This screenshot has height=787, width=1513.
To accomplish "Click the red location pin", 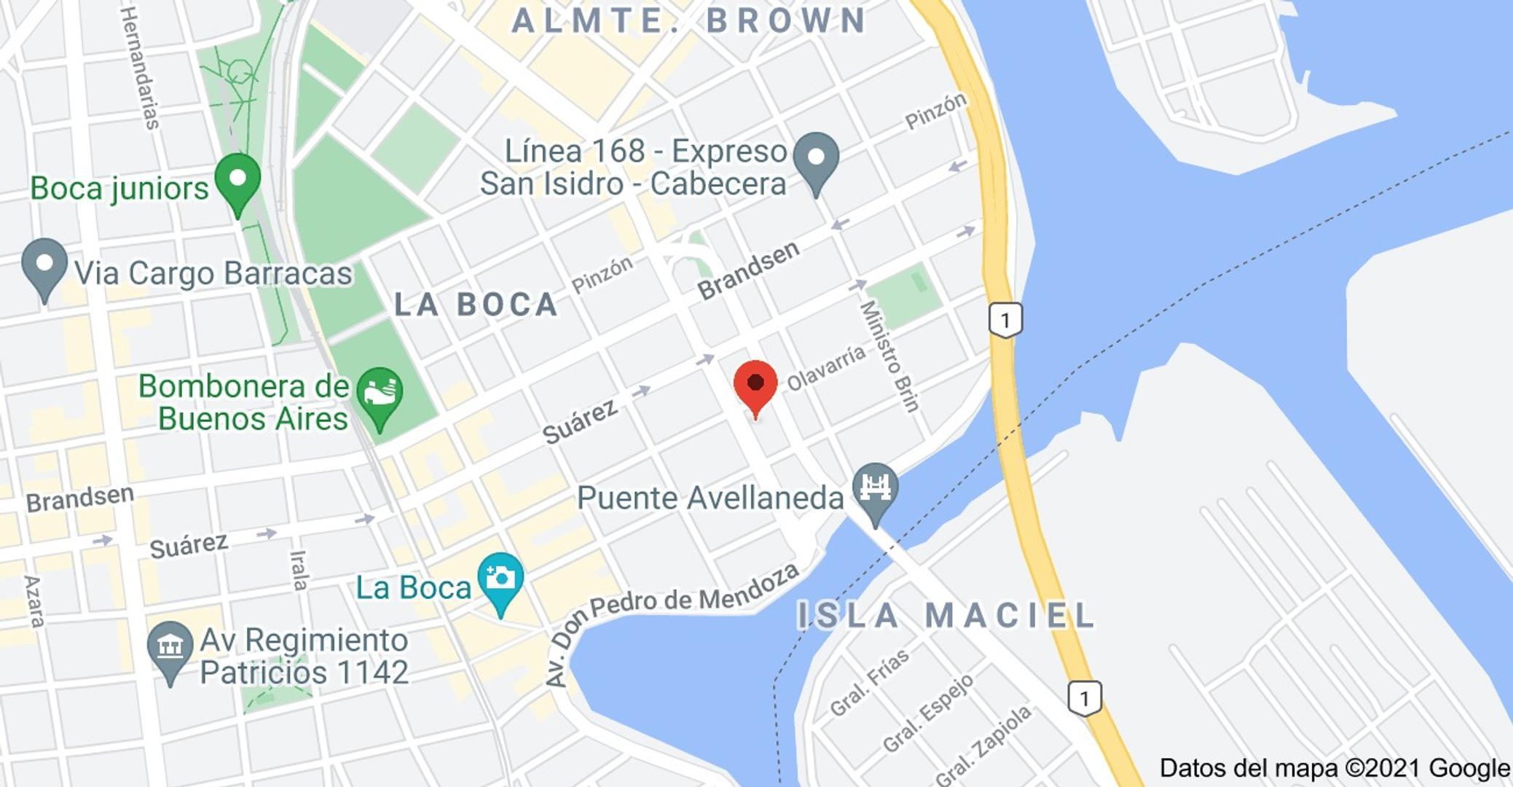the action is point(755,385).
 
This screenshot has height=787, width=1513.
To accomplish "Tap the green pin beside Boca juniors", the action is point(237,180).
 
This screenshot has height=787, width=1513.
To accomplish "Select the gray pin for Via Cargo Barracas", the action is point(44,266).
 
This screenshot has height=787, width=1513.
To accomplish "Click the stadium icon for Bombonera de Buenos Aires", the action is point(380,396).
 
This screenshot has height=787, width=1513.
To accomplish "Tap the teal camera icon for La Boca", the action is point(500,580).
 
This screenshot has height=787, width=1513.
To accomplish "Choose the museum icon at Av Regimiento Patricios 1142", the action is point(170,648).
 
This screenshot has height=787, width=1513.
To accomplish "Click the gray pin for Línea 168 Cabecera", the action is point(816,160).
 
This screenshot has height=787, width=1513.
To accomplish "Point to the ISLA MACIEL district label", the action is point(946,616).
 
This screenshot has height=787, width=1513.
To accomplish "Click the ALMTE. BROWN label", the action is point(689,20).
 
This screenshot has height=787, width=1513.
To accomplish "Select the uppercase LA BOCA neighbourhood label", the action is point(476,305).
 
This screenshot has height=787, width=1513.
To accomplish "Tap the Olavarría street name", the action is point(827,367).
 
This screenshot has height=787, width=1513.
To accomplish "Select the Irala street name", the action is point(299,570).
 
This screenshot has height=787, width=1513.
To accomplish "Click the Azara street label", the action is point(34,601).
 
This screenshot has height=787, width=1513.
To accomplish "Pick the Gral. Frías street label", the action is point(870,682).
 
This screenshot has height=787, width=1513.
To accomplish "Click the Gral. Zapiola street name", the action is point(983,745).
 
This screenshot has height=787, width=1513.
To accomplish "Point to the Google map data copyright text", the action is point(1335,768).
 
